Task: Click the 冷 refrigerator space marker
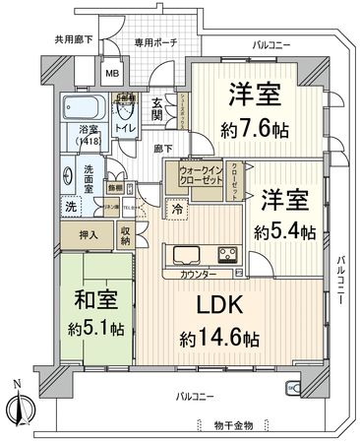pyautogui.click(x=176, y=208)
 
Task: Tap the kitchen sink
pyautogui.click(x=187, y=253)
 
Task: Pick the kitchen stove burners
pyautogui.click(x=225, y=253)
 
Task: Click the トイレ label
pyautogui.click(x=125, y=127)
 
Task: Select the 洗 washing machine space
pyautogui.click(x=71, y=207)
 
